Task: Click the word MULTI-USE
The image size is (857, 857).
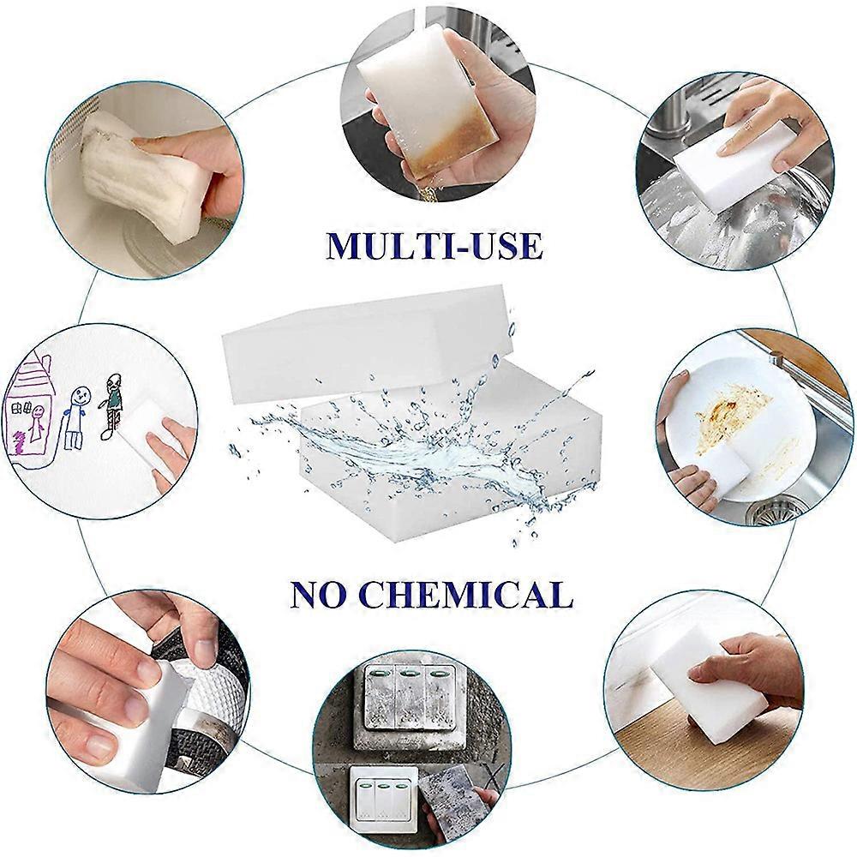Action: (x=434, y=245)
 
